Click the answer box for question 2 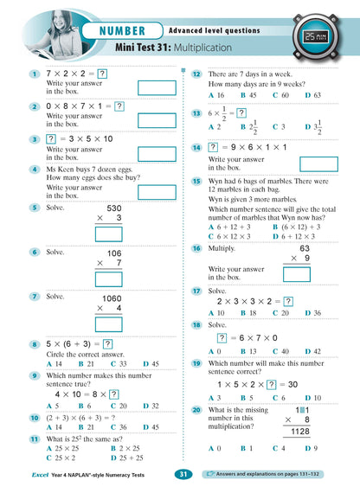pyautogui.click(x=157, y=115)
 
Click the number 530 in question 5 pyautogui.click(x=114, y=208)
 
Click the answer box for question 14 pyautogui.click(x=318, y=164)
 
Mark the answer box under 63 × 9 pyautogui.click(x=297, y=275)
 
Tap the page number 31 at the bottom pyautogui.click(x=183, y=474)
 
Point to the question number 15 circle pyautogui.click(x=197, y=181)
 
